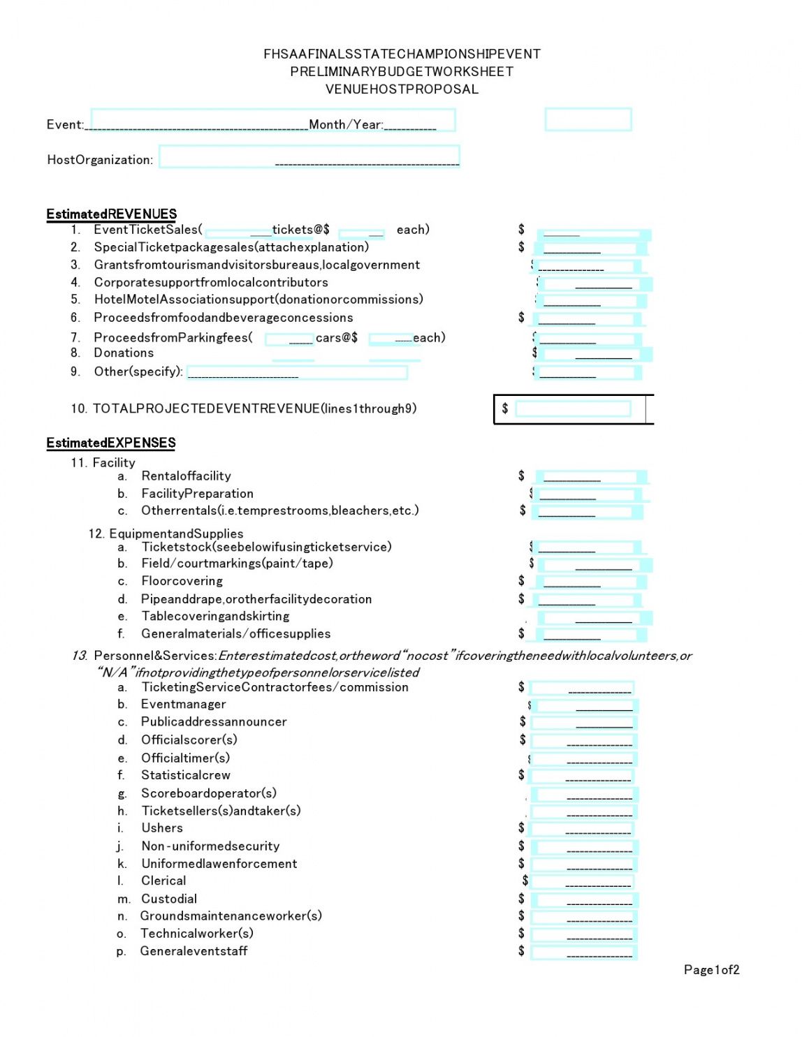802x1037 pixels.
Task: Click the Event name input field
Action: point(199,120)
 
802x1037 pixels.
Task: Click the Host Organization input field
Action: point(309,156)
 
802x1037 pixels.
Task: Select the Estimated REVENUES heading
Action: point(112,214)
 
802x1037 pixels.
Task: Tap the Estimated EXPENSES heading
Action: point(111,443)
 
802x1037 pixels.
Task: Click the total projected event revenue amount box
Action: point(573,409)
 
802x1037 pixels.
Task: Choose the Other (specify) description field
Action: point(297,372)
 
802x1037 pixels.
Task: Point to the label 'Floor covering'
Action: point(182,581)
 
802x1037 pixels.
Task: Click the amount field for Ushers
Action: point(581,829)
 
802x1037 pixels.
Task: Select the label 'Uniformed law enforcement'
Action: point(219,864)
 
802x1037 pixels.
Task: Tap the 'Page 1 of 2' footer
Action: point(711,970)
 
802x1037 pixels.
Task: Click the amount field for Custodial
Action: point(584,899)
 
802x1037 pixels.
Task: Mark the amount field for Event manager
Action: point(584,705)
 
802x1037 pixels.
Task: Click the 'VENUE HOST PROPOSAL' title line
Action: point(402,89)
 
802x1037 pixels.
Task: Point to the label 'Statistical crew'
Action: point(185,775)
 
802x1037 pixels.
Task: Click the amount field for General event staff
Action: point(584,952)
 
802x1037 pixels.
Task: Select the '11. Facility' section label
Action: point(103,462)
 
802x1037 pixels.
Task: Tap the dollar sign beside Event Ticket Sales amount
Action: point(521,229)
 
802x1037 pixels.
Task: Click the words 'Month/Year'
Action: point(346,124)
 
